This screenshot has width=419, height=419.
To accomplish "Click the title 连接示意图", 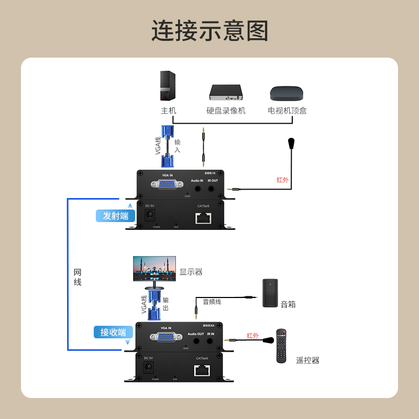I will pyautogui.click(x=210, y=31).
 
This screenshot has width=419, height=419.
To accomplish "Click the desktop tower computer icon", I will pyautogui.click(x=167, y=87).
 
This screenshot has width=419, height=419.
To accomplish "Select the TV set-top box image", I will pyautogui.click(x=286, y=94).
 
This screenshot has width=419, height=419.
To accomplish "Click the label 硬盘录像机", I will pyautogui.click(x=226, y=111).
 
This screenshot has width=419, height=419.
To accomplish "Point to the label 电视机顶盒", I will pyautogui.click(x=287, y=111).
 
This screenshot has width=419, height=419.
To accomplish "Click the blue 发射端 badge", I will pyautogui.click(x=116, y=216).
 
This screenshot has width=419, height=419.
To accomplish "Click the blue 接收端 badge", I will pyautogui.click(x=114, y=332).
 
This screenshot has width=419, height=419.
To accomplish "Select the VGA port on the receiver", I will pyautogui.click(x=163, y=338).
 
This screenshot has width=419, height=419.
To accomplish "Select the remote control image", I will pyautogui.click(x=282, y=346).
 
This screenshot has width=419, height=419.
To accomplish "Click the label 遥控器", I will pyautogui.click(x=307, y=360).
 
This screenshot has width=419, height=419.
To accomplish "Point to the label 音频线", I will pyautogui.click(x=212, y=302).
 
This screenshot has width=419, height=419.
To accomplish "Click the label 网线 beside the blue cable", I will pyautogui.click(x=78, y=277).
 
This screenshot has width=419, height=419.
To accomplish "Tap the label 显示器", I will pyautogui.click(x=191, y=272).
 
